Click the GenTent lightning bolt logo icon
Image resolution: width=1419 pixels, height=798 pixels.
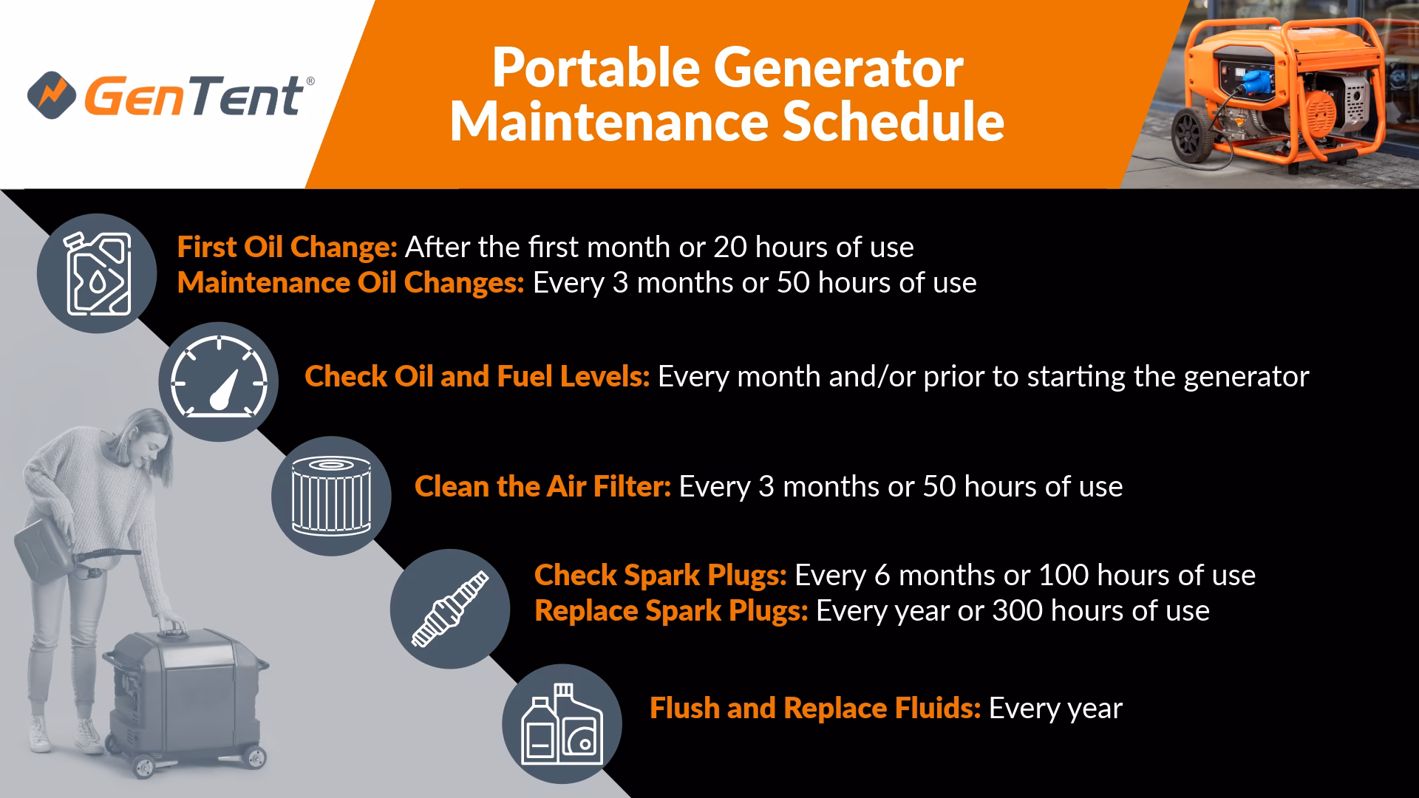[52, 94]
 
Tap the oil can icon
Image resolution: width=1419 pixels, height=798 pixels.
[97, 273]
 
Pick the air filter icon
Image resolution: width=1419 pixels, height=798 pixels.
[331, 496]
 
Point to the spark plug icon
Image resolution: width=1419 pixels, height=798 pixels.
[450, 609]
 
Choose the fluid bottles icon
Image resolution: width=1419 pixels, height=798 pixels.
[562, 723]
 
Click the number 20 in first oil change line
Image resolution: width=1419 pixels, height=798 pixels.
[729, 248]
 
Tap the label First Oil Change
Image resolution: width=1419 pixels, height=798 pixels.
[287, 248]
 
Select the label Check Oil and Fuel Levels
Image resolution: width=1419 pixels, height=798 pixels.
[477, 377]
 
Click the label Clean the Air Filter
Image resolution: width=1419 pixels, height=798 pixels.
[542, 487]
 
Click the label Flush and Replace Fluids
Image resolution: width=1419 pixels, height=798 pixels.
[815, 709]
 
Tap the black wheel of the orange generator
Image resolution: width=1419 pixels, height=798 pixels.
[1191, 134]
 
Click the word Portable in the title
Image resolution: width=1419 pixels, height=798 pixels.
[596, 69]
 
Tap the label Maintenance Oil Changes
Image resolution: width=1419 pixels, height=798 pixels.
[351, 283]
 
